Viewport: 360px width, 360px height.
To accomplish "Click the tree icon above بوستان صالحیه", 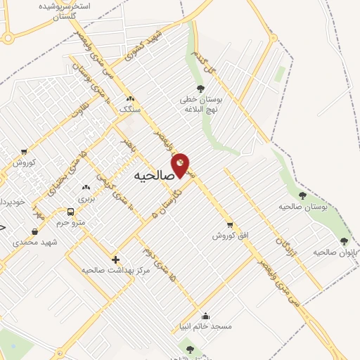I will pyautogui.click(x=303, y=195).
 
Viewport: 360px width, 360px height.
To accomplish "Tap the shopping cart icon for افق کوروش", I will pyautogui.click(x=230, y=225).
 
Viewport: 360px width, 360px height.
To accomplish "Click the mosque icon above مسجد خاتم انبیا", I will pyautogui.click(x=205, y=316).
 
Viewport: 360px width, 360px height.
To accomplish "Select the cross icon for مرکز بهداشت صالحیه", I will pyautogui.click(x=115, y=259).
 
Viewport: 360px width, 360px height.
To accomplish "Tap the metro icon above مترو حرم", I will pyautogui.click(x=70, y=212).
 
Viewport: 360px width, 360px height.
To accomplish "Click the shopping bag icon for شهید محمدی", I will pyautogui.click(x=35, y=231).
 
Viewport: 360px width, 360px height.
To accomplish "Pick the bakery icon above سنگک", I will pyautogui.click(x=129, y=98).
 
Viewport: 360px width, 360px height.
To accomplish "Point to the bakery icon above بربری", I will pyautogui.click(x=86, y=188).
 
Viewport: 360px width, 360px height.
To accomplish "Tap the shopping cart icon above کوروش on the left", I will pyautogui.click(x=24, y=151).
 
